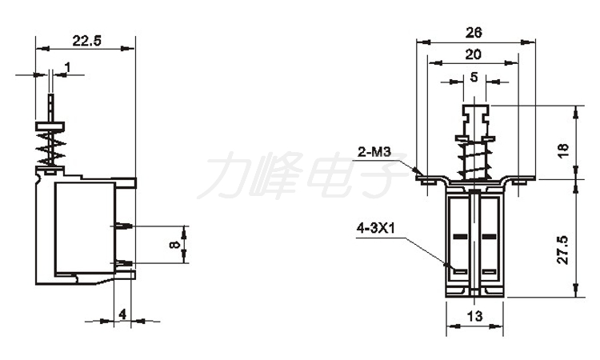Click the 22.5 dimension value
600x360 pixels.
click(87, 41)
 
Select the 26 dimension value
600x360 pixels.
click(474, 33)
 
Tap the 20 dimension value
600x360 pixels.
click(474, 54)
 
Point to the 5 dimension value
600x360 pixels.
click(474, 78)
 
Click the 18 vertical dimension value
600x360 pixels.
click(564, 150)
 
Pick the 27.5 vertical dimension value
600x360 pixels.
click(563, 250)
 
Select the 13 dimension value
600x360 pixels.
click(474, 316)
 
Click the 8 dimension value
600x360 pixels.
click(174, 244)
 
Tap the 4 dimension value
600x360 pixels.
click(122, 314)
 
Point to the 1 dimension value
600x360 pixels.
click(68, 68)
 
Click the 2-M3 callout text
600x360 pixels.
click(374, 152)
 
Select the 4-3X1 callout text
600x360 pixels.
click(376, 228)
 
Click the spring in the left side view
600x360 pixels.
click(50, 148)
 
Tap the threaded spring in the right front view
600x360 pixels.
click(475, 159)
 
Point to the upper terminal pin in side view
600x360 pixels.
click(122, 226)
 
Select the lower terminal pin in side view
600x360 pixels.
click(123, 263)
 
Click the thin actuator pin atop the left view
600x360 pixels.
click(51, 108)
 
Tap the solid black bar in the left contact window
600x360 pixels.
click(461, 237)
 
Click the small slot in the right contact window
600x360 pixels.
click(489, 272)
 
